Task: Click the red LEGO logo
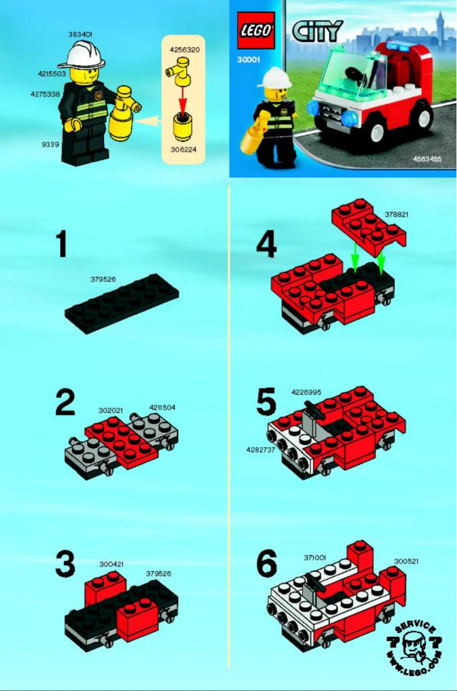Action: click(x=256, y=31)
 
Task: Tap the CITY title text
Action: click(x=317, y=31)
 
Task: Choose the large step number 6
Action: click(x=267, y=564)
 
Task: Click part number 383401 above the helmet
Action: click(x=80, y=34)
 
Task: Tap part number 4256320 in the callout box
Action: click(x=184, y=50)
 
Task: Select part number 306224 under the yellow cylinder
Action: click(x=184, y=150)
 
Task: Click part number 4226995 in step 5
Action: click(x=306, y=392)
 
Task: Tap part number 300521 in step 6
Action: click(x=406, y=560)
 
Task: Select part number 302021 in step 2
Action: click(x=111, y=410)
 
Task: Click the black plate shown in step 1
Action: click(x=121, y=303)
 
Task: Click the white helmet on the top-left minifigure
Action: click(x=85, y=55)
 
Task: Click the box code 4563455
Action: click(x=427, y=160)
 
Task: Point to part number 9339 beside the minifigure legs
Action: click(x=50, y=144)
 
